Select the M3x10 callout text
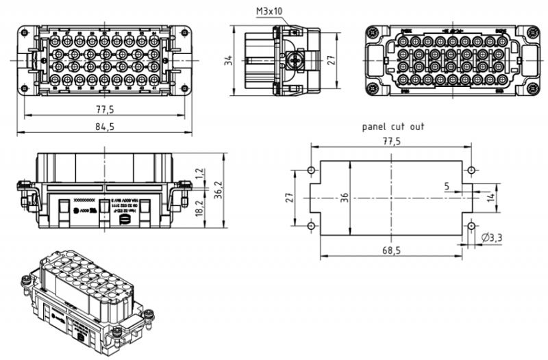(x=268, y=12)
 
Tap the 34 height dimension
(x=229, y=62)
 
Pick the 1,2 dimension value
(x=199, y=175)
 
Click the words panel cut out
(x=393, y=127)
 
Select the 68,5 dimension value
(x=391, y=250)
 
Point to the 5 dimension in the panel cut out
(x=447, y=185)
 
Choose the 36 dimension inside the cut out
(x=345, y=197)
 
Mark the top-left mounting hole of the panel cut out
(x=311, y=170)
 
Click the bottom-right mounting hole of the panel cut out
(x=471, y=225)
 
